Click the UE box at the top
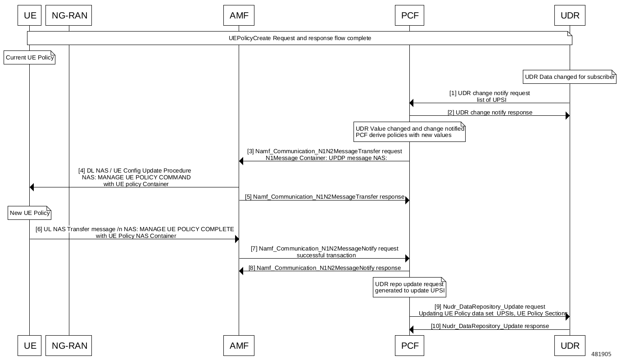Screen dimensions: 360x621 coord(30,16)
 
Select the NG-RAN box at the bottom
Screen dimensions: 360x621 coord(69,346)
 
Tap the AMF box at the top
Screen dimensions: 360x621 coord(239,16)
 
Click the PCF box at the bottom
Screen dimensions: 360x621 coord(409,346)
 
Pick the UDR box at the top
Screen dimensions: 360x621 coord(570,16)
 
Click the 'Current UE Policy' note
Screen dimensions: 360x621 coord(29,58)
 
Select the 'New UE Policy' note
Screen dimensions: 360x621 coord(29,213)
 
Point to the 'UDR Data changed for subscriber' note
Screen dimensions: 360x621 coord(570,77)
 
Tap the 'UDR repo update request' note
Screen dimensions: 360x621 coord(409,287)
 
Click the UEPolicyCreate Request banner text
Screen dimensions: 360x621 coord(299,38)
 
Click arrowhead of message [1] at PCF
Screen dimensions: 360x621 coord(412,103)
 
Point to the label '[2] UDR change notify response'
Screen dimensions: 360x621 coord(490,112)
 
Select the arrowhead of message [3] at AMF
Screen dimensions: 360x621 coord(241,161)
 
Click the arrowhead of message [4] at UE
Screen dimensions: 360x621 coord(32,187)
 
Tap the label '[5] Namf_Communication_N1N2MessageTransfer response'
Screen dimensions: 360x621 coord(324,197)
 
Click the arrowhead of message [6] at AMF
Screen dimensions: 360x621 coord(236,239)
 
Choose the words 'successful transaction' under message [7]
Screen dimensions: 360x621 coord(326,255)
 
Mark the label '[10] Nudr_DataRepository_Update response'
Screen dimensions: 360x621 coord(490,326)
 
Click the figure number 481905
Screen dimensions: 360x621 coord(601,354)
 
